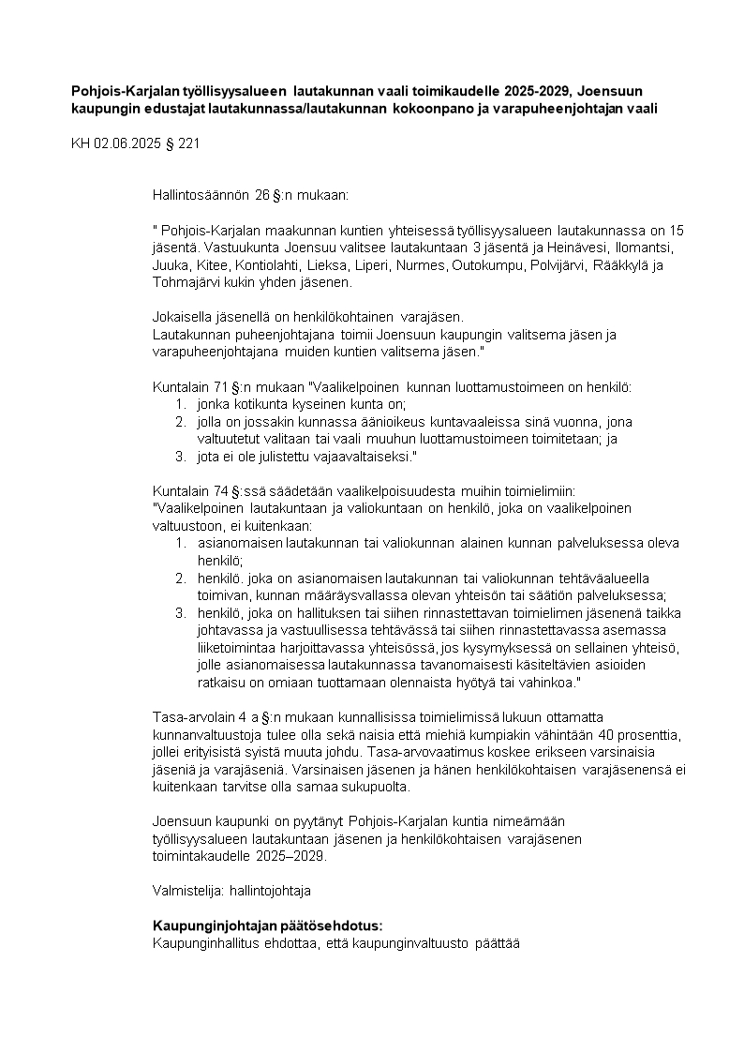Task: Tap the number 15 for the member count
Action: (x=677, y=230)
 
